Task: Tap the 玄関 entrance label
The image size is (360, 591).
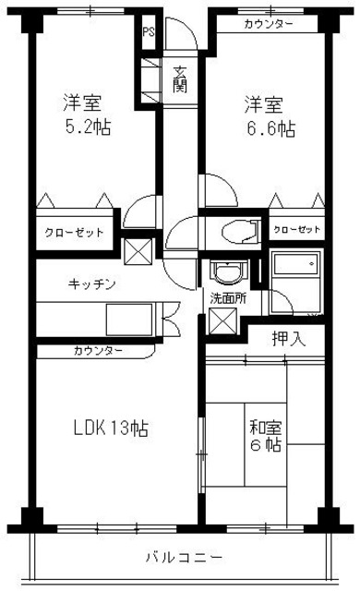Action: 181,80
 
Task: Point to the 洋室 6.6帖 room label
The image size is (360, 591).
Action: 269,115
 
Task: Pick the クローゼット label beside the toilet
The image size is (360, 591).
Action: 297,228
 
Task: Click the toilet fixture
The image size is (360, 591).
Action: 235,231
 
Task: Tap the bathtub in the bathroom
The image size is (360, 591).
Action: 296,268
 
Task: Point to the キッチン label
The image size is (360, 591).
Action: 91,283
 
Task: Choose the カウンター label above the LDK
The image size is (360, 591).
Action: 96,351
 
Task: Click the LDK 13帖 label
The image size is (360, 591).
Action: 111,428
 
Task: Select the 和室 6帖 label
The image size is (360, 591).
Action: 265,437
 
